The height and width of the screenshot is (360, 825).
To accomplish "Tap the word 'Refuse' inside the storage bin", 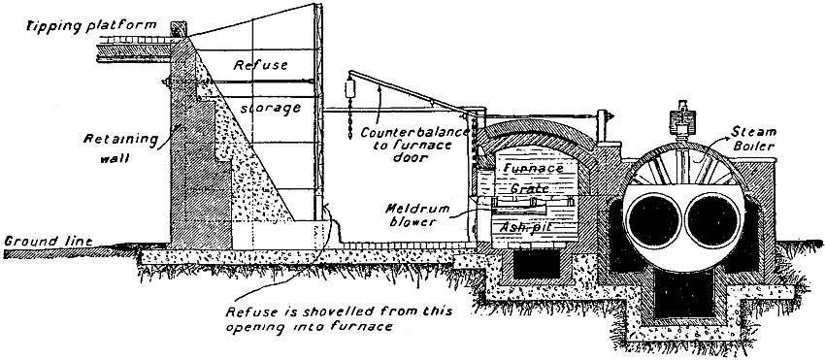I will pyautogui.click(x=257, y=65).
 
